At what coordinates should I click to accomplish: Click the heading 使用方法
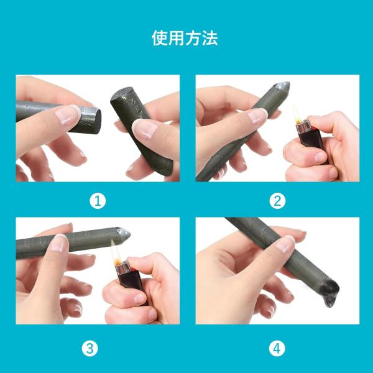[x=185, y=38]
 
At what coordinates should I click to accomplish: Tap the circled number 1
[x=98, y=201]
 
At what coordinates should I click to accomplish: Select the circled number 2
[x=277, y=201]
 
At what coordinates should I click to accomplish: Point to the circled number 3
[x=90, y=349]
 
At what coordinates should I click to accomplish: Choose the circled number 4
[x=277, y=349]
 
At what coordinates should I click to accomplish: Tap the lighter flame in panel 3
[x=116, y=253]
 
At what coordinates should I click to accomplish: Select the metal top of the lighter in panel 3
[x=123, y=268]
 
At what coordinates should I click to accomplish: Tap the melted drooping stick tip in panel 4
[x=329, y=293]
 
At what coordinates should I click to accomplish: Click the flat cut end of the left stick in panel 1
[x=96, y=121]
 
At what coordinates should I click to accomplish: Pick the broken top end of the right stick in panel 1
[x=122, y=93]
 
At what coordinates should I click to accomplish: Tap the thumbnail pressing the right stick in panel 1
[x=144, y=129]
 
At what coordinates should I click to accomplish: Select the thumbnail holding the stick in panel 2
[x=257, y=116]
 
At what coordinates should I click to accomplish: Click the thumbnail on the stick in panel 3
[x=59, y=243]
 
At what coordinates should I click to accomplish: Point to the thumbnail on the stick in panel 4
[x=285, y=244]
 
